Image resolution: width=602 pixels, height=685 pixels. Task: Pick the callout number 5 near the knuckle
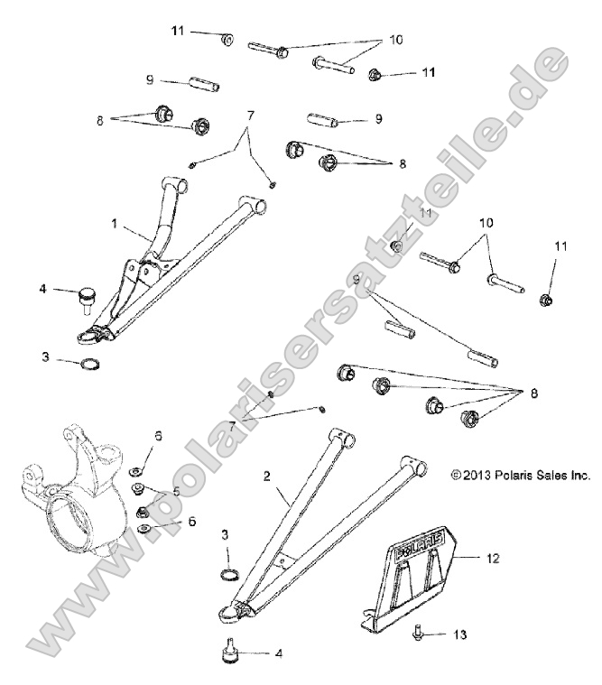pyautogui.click(x=176, y=492)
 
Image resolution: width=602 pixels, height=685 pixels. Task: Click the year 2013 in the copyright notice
pyautogui.click(x=476, y=474)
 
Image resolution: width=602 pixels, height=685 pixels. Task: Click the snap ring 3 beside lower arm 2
pyautogui.click(x=231, y=575)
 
